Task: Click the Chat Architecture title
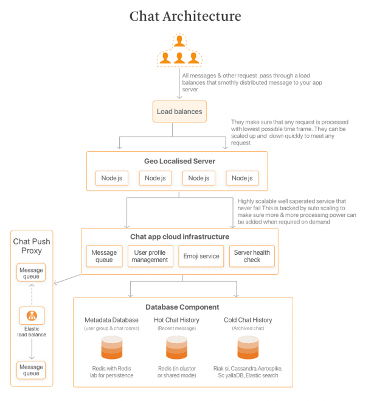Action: (x=185, y=16)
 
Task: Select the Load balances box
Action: (x=179, y=112)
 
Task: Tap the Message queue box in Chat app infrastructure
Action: (x=104, y=256)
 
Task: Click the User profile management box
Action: (x=150, y=256)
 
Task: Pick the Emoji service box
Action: (x=201, y=256)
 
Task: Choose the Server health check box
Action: (x=252, y=256)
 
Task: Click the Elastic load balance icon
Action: (x=31, y=316)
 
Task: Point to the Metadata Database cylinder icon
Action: (x=111, y=347)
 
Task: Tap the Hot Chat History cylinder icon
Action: (x=176, y=347)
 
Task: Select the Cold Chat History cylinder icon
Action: (x=248, y=347)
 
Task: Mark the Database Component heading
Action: (x=182, y=307)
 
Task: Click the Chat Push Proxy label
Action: (x=32, y=246)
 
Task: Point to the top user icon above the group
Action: (x=179, y=41)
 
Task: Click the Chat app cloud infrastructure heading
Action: (x=179, y=236)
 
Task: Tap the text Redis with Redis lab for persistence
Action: (x=111, y=372)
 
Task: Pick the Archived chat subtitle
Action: (x=248, y=328)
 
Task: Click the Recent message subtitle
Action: (x=176, y=328)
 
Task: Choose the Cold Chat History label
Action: (x=248, y=320)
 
